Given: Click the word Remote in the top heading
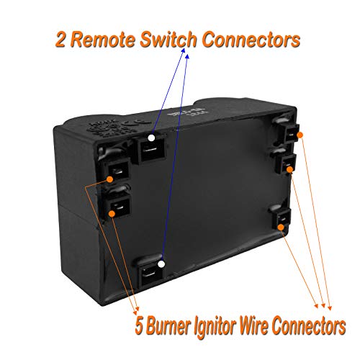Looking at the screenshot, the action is [x=103, y=40].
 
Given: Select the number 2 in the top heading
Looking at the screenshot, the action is [x=60, y=40].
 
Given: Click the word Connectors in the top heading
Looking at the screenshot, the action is [x=251, y=40].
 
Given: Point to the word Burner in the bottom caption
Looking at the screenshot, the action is [x=167, y=325].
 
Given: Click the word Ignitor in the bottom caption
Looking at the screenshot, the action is [x=215, y=327].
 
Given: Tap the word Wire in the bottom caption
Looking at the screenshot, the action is [x=253, y=325].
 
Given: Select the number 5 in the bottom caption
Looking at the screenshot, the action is [x=139, y=326].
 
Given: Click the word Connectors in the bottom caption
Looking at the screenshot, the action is [x=309, y=326].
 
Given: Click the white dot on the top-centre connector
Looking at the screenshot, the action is [x=151, y=138].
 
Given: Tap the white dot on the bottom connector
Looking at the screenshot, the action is [x=161, y=264].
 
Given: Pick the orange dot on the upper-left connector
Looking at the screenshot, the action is [x=109, y=179].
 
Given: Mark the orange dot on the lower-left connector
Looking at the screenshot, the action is [x=112, y=214].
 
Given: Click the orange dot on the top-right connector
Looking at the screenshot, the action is [x=300, y=135].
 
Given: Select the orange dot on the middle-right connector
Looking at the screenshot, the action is [x=289, y=169].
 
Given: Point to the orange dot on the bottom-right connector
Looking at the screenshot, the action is [x=281, y=227].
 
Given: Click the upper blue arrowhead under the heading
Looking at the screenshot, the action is [x=184, y=50].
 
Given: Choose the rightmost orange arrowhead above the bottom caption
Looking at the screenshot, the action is [x=330, y=308].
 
